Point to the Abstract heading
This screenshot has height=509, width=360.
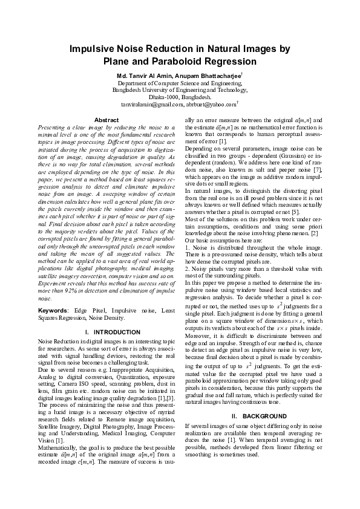pos(98,120)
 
